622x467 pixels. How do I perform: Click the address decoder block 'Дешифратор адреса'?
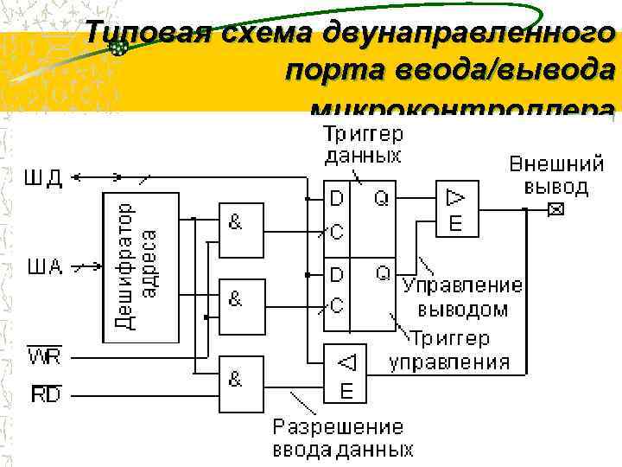click(x=141, y=266)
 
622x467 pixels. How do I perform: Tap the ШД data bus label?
click(x=42, y=178)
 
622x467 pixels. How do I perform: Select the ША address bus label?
click(x=44, y=266)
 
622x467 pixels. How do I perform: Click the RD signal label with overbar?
click(x=44, y=395)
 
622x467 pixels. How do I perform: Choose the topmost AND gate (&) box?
click(x=241, y=231)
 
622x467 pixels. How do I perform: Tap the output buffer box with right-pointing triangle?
click(x=456, y=209)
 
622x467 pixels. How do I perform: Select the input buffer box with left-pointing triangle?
click(x=346, y=373)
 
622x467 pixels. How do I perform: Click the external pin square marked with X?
click(x=555, y=209)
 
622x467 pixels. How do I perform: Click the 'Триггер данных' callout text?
click(x=363, y=144)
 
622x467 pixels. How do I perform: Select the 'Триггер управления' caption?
click(x=450, y=349)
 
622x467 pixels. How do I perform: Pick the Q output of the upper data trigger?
click(x=381, y=199)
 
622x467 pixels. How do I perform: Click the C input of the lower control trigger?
click(x=337, y=305)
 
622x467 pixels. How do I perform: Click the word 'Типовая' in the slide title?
click(x=147, y=35)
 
